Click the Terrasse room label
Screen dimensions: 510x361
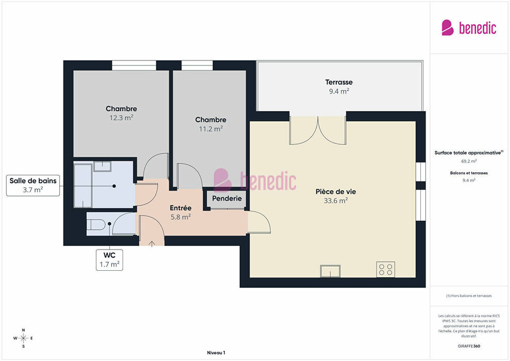click(338, 82)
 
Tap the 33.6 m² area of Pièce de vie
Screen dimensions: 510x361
click(336, 201)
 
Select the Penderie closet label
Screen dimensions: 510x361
click(227, 198)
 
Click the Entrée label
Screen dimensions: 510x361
click(180, 208)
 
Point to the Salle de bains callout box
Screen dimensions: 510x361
click(33, 186)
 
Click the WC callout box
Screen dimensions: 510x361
click(109, 260)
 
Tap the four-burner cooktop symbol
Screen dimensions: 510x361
click(386, 270)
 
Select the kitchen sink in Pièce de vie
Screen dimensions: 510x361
click(330, 271)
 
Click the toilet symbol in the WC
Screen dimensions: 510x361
click(96, 224)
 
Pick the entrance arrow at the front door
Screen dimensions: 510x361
click(151, 243)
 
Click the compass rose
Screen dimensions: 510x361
click(23, 338)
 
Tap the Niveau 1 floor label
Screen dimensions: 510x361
click(216, 353)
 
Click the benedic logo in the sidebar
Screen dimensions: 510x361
click(469, 28)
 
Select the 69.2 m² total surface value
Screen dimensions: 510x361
click(469, 161)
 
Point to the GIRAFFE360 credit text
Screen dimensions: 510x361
click(469, 346)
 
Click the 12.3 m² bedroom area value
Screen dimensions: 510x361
click(122, 118)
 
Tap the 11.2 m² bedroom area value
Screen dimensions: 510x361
click(211, 128)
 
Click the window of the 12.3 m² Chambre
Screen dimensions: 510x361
click(134, 65)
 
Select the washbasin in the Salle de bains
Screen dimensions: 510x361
click(102, 167)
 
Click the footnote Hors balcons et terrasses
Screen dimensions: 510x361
click(469, 296)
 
